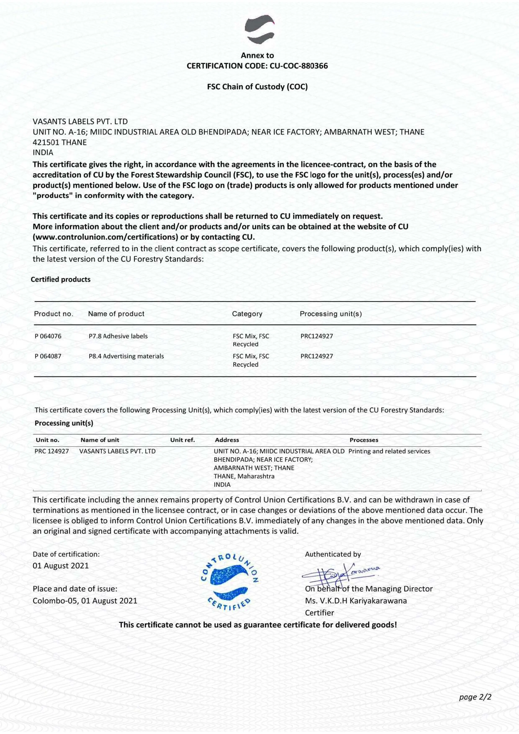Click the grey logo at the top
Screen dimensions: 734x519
pos(260,30)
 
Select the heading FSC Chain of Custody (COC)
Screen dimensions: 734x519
pos(257,87)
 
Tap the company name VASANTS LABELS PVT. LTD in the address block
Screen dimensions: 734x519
pos(80,122)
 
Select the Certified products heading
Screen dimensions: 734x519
pos(61,279)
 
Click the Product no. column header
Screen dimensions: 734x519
pos(54,314)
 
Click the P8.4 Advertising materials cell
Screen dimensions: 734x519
pos(126,356)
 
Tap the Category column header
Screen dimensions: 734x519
pos(247,314)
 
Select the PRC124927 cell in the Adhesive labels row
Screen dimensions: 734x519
pos(317,336)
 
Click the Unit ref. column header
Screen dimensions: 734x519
pos(182,440)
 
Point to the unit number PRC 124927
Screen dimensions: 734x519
pos(52,451)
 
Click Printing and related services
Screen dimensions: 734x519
pos(389,451)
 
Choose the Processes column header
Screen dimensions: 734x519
pos(364,440)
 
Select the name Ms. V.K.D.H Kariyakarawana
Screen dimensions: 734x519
pos(356,601)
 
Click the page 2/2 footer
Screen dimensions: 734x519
pos(475,697)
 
